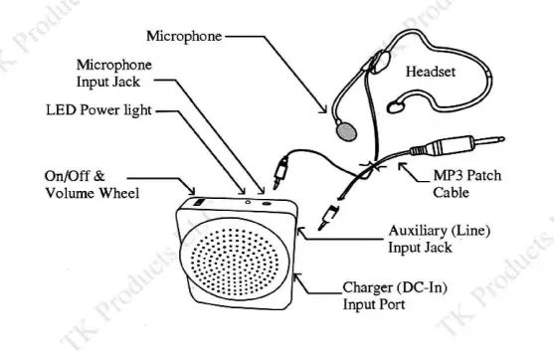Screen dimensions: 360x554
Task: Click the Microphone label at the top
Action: [x=184, y=37]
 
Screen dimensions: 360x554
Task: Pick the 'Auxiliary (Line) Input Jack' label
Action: [x=437, y=239]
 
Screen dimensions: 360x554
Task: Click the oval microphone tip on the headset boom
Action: [x=344, y=128]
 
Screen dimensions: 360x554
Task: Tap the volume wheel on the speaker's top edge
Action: [x=195, y=202]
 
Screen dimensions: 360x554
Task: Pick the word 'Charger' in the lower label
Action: [x=366, y=288]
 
